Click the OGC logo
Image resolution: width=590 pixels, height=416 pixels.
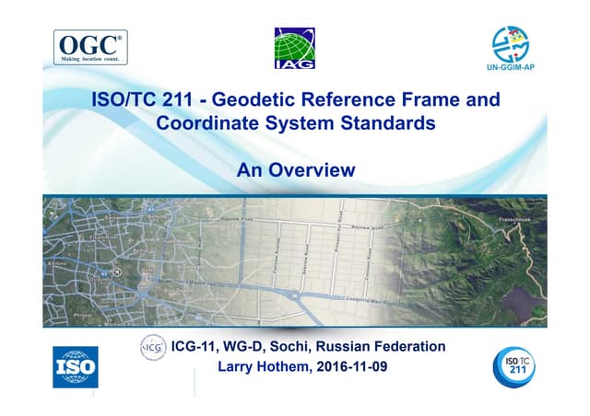click(x=89, y=47)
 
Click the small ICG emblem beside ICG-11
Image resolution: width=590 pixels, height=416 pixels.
click(x=152, y=347)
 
